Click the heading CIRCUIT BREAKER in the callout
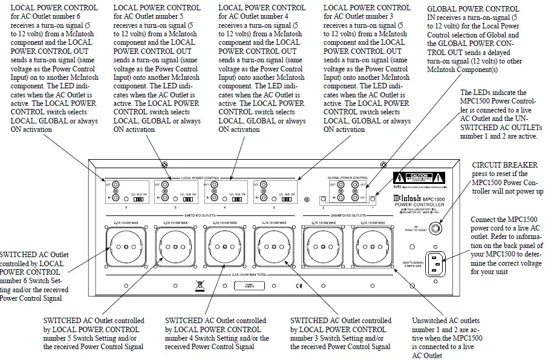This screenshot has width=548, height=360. pos(504,164)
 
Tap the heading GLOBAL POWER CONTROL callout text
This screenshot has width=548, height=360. pos(473,9)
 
